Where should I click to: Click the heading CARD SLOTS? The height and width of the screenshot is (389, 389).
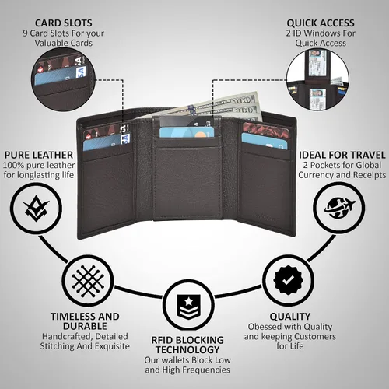pyautogui.click(x=64, y=23)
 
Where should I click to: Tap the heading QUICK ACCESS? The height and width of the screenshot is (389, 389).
pyautogui.click(x=321, y=23)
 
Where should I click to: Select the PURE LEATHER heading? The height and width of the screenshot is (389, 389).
pyautogui.click(x=39, y=155)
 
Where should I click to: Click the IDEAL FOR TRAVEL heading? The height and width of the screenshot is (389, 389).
pyautogui.click(x=342, y=155)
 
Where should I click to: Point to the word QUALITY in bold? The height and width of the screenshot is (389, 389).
pyautogui.click(x=290, y=317)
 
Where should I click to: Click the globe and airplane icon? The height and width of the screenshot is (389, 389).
pyautogui.click(x=339, y=208)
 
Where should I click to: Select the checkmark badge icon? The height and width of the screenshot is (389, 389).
pyautogui.click(x=289, y=280)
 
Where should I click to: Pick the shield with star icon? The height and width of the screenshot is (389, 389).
pyautogui.click(x=189, y=307)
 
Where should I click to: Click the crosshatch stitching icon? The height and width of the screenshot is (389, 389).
pyautogui.click(x=88, y=282)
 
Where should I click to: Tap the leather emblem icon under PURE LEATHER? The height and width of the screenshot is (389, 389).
pyautogui.click(x=36, y=209)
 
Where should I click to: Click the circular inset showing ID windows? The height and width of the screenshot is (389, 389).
pyautogui.click(x=317, y=80)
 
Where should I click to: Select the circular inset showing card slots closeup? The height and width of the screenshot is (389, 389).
pyautogui.click(x=64, y=80)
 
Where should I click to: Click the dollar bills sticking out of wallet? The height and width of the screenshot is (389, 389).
pyautogui.click(x=208, y=107)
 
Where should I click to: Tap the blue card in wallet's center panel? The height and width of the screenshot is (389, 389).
pyautogui.click(x=187, y=132)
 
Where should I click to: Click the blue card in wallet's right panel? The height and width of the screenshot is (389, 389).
pyautogui.click(x=265, y=142)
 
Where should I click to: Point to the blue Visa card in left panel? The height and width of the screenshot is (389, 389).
pyautogui.click(x=107, y=142)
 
